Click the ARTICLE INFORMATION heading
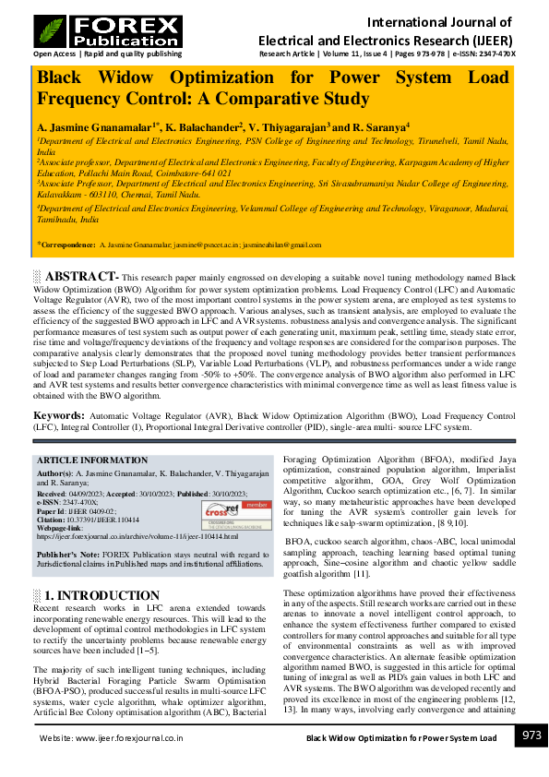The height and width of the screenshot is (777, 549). pos(91,460)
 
